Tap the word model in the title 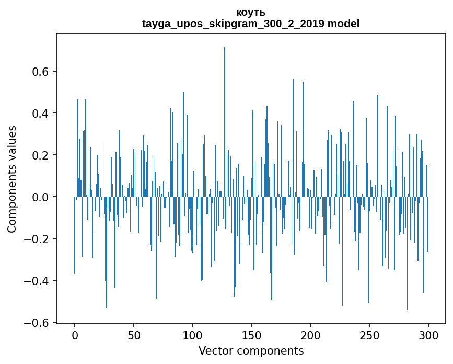point(343,24)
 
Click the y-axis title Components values point(12,179)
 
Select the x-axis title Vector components point(251,350)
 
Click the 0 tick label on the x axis point(75,335)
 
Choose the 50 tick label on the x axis point(134,335)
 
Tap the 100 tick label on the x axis point(193,335)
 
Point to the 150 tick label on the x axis point(252,335)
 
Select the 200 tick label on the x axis point(311,335)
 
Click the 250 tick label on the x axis point(369,335)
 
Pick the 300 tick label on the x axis point(428,335)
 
